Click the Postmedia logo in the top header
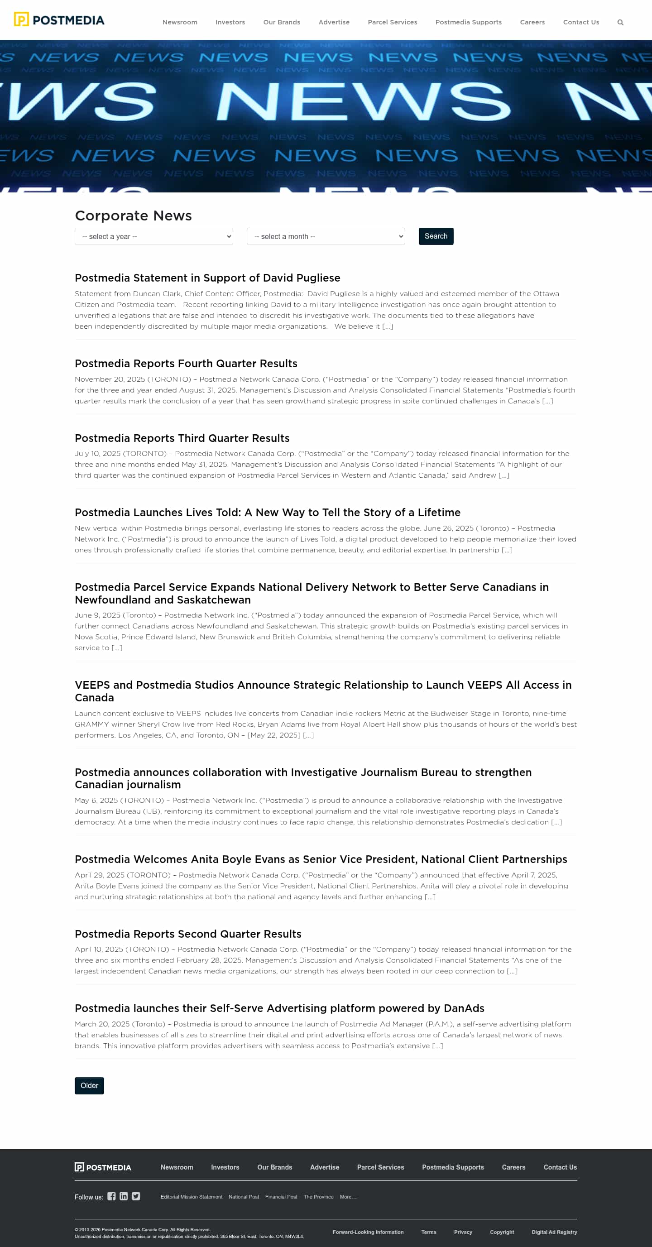[x=59, y=20]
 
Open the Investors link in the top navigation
[x=230, y=22]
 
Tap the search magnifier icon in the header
[x=620, y=22]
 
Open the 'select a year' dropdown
[x=153, y=236]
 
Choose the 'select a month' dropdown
[x=325, y=236]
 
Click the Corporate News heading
[x=133, y=216]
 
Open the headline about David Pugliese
[x=207, y=278]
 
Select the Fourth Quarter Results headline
[x=186, y=364]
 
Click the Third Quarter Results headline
[x=182, y=438]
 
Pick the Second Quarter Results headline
[x=188, y=934]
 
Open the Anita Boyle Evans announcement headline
[x=321, y=859]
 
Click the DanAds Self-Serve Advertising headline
[x=279, y=1008]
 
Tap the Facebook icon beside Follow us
[x=111, y=1196]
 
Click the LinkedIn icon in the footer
[x=124, y=1196]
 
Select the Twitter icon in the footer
[x=136, y=1196]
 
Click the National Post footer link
[x=244, y=1197]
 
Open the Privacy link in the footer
[x=463, y=1232]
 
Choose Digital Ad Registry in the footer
[x=554, y=1232]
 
